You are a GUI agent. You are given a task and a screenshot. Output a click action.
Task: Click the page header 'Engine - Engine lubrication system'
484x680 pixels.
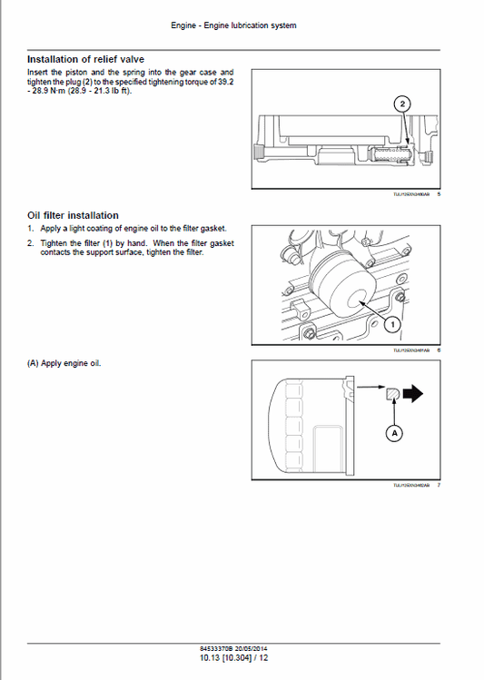233,25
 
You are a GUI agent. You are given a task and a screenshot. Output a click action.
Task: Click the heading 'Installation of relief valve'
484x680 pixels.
85,59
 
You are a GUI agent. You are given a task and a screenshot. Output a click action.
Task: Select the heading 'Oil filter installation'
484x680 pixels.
73,215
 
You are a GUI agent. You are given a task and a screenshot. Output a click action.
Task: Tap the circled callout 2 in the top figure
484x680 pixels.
402,104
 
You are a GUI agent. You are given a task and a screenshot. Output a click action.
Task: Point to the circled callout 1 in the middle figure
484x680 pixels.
391,323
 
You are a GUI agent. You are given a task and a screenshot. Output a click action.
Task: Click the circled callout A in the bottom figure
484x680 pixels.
394,434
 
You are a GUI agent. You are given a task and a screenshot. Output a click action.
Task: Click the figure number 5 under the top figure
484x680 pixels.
439,192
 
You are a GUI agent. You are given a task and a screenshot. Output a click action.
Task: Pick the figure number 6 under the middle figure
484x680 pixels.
439,350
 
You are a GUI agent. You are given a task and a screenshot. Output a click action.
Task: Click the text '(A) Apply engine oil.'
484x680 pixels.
64,363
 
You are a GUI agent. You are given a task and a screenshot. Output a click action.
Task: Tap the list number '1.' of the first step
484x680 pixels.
30,229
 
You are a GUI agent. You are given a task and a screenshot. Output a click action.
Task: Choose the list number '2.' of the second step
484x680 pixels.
30,243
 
